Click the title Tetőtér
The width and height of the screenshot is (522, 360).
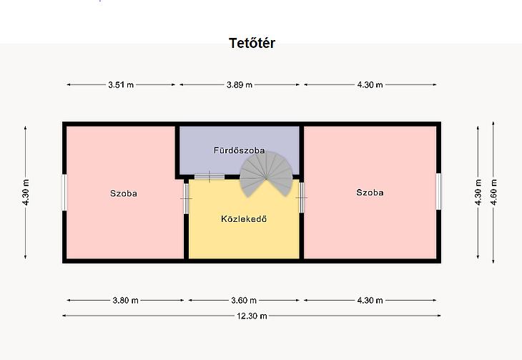[x=252, y=43]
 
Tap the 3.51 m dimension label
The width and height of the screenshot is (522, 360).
[x=121, y=84]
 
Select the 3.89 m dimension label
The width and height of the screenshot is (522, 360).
[x=240, y=84]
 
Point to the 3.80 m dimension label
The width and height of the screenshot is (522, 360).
[x=126, y=301]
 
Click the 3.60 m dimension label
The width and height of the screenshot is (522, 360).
[x=244, y=301]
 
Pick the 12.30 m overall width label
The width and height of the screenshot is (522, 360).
[x=252, y=316]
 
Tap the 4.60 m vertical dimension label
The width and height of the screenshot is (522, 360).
[x=493, y=192]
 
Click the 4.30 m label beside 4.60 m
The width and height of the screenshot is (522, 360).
[x=478, y=192]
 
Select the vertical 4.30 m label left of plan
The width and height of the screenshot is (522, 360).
[x=26, y=192]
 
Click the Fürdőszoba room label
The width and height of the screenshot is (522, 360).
[x=240, y=150]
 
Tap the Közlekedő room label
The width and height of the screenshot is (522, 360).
[x=244, y=219]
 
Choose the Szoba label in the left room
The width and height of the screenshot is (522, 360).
[x=124, y=193]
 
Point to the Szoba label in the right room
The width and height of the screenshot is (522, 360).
[x=370, y=193]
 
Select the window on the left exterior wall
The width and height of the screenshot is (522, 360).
[x=64, y=193]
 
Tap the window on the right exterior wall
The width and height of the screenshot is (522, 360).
[x=438, y=191]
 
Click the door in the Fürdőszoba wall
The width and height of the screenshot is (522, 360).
[x=210, y=177]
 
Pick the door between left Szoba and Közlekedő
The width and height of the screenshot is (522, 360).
[x=186, y=198]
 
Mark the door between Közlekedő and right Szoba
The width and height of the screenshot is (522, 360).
[x=301, y=198]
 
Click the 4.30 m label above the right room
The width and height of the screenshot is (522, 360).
[x=370, y=84]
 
